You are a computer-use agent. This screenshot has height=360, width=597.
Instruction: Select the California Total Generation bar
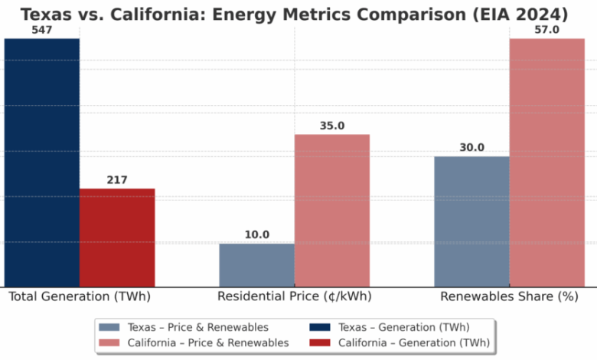coord(117,237)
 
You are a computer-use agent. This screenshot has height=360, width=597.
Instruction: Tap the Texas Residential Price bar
coord(256,265)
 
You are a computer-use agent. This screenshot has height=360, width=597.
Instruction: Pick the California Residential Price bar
coord(332,211)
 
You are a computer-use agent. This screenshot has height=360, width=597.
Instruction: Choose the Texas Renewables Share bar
coord(471,221)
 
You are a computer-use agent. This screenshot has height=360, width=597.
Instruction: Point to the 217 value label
coord(117,180)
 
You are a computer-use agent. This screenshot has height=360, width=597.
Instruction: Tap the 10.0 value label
coord(256,235)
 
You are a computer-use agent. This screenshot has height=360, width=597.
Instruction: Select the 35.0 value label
coord(332,126)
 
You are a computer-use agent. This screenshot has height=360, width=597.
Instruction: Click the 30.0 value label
coord(471,148)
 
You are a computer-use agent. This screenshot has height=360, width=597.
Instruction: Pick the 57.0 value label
coord(546,29)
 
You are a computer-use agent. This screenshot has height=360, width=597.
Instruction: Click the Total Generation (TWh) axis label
coord(80,296)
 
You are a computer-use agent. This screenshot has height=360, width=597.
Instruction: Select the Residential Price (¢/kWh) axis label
coord(295,296)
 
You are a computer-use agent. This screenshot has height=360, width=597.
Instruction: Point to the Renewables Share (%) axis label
coord(509,296)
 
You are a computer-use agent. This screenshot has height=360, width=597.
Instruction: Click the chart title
coord(295,15)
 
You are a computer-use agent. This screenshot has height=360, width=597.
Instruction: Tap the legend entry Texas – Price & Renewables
coord(197,327)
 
